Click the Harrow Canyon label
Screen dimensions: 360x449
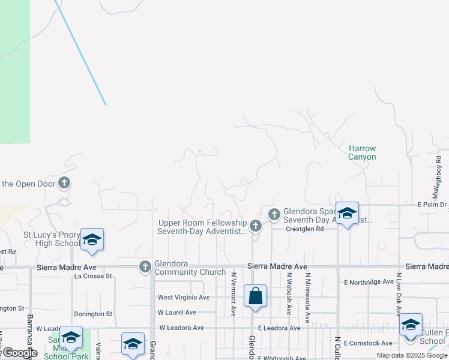click(362, 152)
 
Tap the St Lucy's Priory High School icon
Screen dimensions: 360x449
click(91, 239)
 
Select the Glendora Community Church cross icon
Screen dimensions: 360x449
click(145, 266)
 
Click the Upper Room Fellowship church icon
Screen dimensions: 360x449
click(256, 226)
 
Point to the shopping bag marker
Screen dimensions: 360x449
click(255, 296)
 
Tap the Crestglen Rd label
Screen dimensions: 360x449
click(304, 229)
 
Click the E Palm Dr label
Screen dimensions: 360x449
click(433, 205)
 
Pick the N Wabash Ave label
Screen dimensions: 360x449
click(289, 293)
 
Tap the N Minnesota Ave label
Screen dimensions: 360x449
click(307, 293)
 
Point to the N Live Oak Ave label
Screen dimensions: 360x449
click(398, 293)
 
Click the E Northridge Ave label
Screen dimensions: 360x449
click(369, 281)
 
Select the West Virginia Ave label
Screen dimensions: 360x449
click(183, 297)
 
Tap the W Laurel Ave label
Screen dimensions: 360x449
click(177, 313)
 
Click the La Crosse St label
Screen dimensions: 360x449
click(93, 276)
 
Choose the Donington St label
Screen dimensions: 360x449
click(93, 314)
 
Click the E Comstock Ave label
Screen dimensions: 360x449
click(368, 343)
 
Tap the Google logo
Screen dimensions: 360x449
click(19, 352)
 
